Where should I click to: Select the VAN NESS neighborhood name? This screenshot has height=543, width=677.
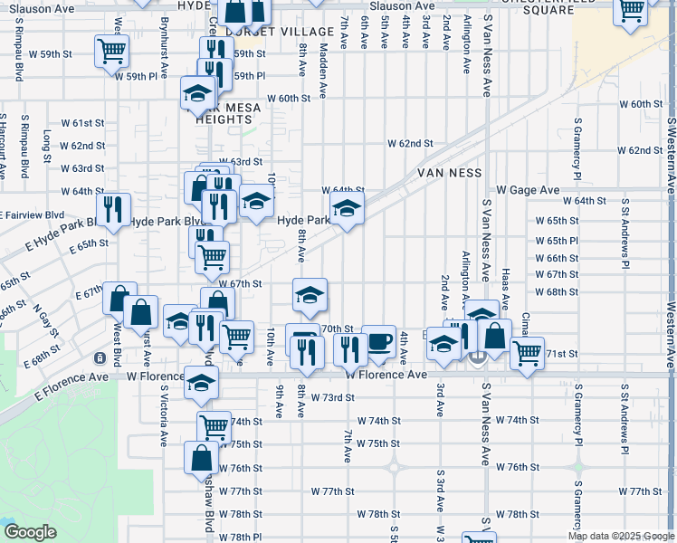pyautogui.click(x=448, y=173)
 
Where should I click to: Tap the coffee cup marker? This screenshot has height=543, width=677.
pyautogui.click(x=378, y=342)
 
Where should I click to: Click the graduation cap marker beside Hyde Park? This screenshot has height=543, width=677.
pyautogui.click(x=347, y=209)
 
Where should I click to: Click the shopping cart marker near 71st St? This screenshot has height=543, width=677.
pyautogui.click(x=527, y=351)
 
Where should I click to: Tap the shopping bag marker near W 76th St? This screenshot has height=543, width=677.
pyautogui.click(x=201, y=457)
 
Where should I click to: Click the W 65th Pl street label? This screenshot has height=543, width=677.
pyautogui.click(x=557, y=241)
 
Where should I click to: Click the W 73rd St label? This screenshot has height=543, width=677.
pyautogui.click(x=331, y=397)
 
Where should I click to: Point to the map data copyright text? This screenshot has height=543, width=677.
pyautogui.click(x=621, y=536)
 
